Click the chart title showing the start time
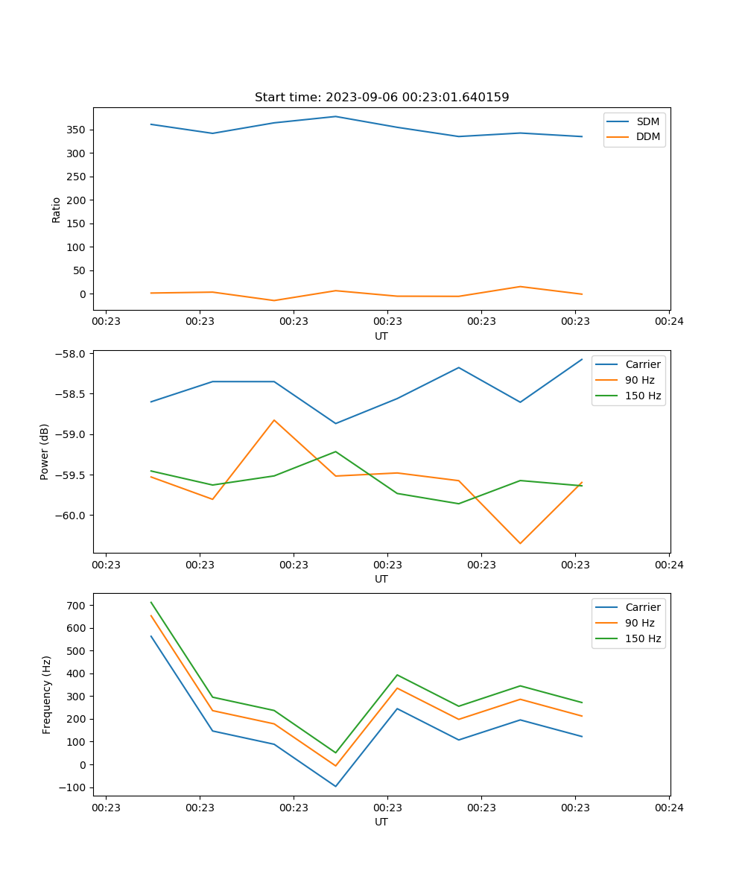(381, 98)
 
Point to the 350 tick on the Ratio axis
(78, 130)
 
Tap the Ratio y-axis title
(57, 209)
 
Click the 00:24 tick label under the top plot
(669, 322)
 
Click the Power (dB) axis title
(45, 451)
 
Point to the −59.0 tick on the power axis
(73, 434)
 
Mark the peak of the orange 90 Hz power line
(274, 420)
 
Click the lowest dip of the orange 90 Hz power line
(520, 543)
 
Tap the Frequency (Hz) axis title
(46, 694)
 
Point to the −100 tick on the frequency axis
(75, 787)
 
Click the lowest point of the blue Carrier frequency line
(335, 786)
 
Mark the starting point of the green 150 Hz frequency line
(151, 602)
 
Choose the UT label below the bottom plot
(381, 822)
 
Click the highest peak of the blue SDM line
(335, 116)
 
